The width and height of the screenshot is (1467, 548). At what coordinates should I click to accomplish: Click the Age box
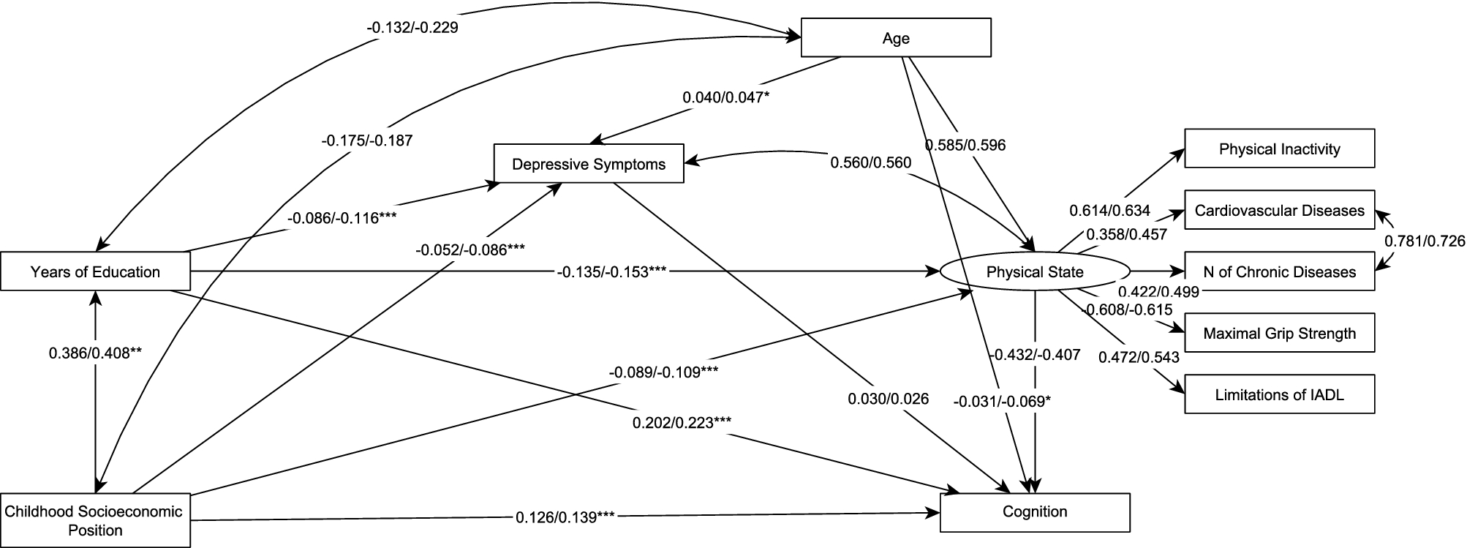coord(896,38)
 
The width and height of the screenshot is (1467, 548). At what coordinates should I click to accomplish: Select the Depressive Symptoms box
coord(589,164)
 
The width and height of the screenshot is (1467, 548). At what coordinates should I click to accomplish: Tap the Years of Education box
coord(95,272)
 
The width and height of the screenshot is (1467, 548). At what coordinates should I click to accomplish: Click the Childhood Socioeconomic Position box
coord(95,520)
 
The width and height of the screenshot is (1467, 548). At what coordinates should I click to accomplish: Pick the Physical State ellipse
coord(1034,272)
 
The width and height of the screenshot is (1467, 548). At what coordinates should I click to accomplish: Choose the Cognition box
coord(1034,511)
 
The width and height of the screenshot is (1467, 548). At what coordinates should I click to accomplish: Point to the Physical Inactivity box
coord(1279,149)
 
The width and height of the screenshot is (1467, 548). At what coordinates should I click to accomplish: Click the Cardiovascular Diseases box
coord(1279,211)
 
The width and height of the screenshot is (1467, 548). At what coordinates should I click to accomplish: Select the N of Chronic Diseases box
coord(1279,272)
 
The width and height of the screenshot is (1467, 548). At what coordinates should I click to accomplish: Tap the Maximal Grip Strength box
coord(1279,334)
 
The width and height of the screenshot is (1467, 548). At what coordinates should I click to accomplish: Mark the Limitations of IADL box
coord(1279,395)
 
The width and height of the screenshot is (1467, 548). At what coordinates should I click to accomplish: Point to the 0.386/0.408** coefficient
coord(95,353)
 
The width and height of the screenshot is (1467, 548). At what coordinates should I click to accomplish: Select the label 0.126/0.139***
coord(565,517)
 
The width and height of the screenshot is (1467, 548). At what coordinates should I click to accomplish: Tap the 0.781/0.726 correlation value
coord(1425,241)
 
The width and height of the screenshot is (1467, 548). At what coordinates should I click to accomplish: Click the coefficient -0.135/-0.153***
coord(611,272)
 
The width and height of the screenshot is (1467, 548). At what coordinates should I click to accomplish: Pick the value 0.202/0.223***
coord(682,422)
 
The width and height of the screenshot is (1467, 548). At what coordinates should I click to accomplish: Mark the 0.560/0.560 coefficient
coord(870,162)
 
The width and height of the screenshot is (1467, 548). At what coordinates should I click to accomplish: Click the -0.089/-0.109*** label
coord(663,372)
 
